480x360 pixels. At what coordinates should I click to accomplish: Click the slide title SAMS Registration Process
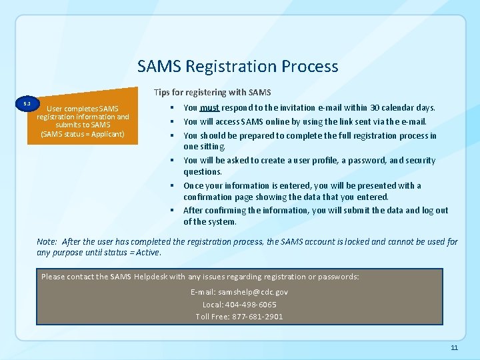coord(238,67)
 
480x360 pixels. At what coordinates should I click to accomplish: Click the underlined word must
coord(209,108)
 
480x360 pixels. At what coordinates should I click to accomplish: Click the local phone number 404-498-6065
coord(252,304)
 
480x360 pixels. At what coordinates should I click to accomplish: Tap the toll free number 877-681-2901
coord(255,316)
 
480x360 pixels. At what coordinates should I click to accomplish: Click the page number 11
coord(454,348)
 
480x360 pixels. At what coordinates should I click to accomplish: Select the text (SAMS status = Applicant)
coord(83,134)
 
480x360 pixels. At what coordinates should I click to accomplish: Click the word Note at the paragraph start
coord(46,241)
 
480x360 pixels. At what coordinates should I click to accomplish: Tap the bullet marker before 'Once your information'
coord(172,185)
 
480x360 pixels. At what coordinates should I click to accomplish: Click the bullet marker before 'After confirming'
coord(172,211)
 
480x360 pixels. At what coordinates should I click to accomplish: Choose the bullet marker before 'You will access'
coord(172,121)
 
